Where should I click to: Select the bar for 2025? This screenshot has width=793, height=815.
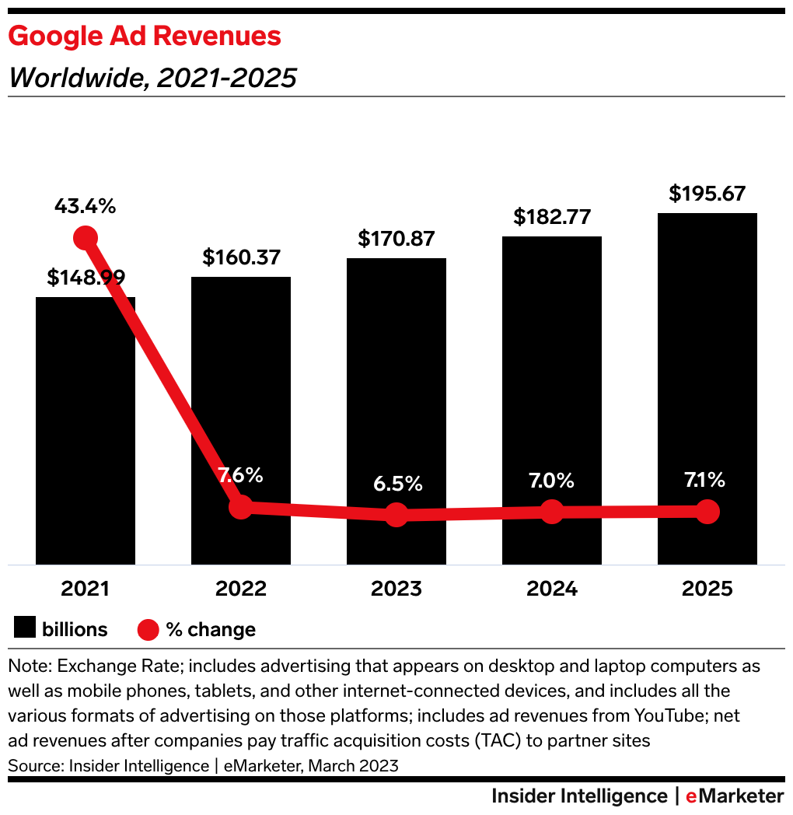707,389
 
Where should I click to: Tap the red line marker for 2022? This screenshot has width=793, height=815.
241,507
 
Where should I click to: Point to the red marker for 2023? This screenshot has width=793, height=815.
396,514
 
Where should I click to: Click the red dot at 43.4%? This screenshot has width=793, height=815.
86,238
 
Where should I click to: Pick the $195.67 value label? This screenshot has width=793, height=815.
707,193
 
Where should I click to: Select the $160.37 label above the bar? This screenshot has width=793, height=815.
241,257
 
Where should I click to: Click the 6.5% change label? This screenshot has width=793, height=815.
396,484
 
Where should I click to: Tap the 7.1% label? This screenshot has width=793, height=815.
707,480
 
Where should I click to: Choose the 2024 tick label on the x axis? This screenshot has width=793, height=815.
552,588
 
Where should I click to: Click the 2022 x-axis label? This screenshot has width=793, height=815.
241,588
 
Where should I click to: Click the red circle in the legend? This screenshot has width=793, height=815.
148,629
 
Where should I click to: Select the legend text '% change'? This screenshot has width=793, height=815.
211,629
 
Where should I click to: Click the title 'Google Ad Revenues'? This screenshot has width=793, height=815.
145,36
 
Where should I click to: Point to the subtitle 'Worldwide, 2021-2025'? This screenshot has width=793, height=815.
152,78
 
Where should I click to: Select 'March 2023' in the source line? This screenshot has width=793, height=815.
354,765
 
